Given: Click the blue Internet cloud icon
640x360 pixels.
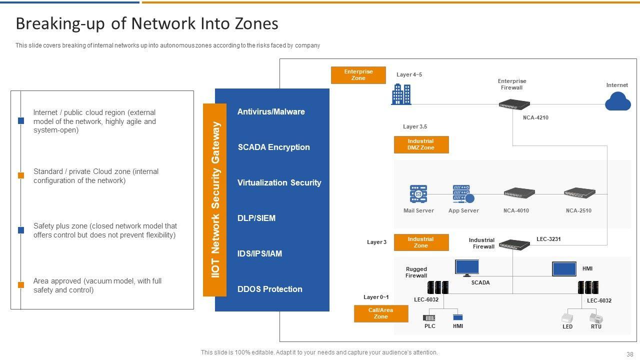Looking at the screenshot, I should click(617, 102).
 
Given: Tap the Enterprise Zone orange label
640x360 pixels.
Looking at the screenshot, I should click(358, 75).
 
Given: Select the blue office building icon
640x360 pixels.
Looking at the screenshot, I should click(401, 94).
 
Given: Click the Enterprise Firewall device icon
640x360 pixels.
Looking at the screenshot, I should click(514, 104).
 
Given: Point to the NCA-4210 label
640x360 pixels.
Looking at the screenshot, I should click(535, 118).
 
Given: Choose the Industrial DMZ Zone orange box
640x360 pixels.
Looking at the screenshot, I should click(421, 144).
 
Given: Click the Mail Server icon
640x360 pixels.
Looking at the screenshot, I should click(418, 193).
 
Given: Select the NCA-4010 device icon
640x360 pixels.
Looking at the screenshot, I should click(519, 193).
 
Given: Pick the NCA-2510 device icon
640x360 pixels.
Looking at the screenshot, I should click(579, 193).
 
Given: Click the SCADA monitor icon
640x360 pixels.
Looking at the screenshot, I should click(467, 268).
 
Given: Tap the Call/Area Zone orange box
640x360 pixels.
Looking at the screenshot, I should click(381, 313).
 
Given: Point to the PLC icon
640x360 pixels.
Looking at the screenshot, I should click(429, 317).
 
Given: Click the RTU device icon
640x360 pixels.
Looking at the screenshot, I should click(596, 317).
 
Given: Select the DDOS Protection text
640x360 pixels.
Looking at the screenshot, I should click(269, 289).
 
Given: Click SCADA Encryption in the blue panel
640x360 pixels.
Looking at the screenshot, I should click(273, 147).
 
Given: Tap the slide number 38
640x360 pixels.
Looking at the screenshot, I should click(629, 353).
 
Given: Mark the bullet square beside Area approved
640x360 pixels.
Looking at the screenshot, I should click(21, 285).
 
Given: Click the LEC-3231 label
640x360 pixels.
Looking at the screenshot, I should click(548, 239).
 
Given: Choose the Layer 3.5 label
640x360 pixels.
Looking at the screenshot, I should click(415, 127).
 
